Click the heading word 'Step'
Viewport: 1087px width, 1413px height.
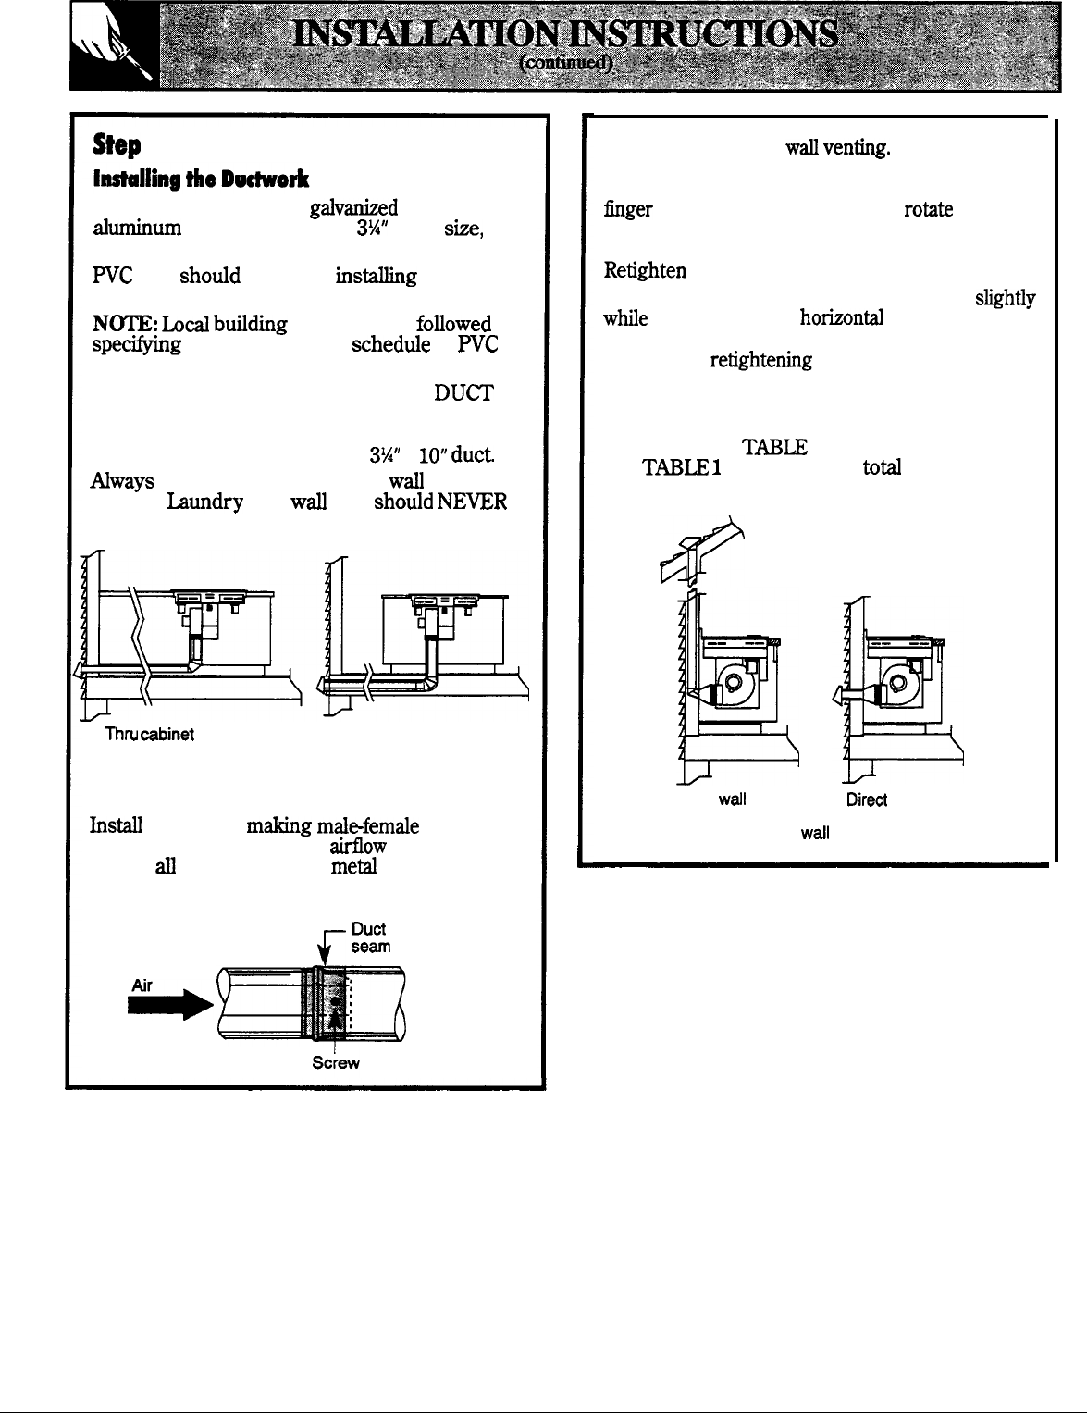click(x=116, y=146)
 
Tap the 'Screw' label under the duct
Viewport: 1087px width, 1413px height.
click(x=335, y=1063)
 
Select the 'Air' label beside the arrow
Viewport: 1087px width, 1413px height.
click(x=142, y=986)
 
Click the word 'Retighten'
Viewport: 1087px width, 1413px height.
click(x=645, y=270)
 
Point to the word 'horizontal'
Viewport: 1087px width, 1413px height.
click(x=841, y=318)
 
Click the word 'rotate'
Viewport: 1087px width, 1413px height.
click(x=927, y=210)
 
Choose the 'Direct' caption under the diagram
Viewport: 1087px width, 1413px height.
click(x=867, y=799)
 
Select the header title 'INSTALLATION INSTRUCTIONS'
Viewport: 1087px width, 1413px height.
click(x=568, y=37)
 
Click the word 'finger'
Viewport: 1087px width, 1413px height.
click(x=628, y=210)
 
